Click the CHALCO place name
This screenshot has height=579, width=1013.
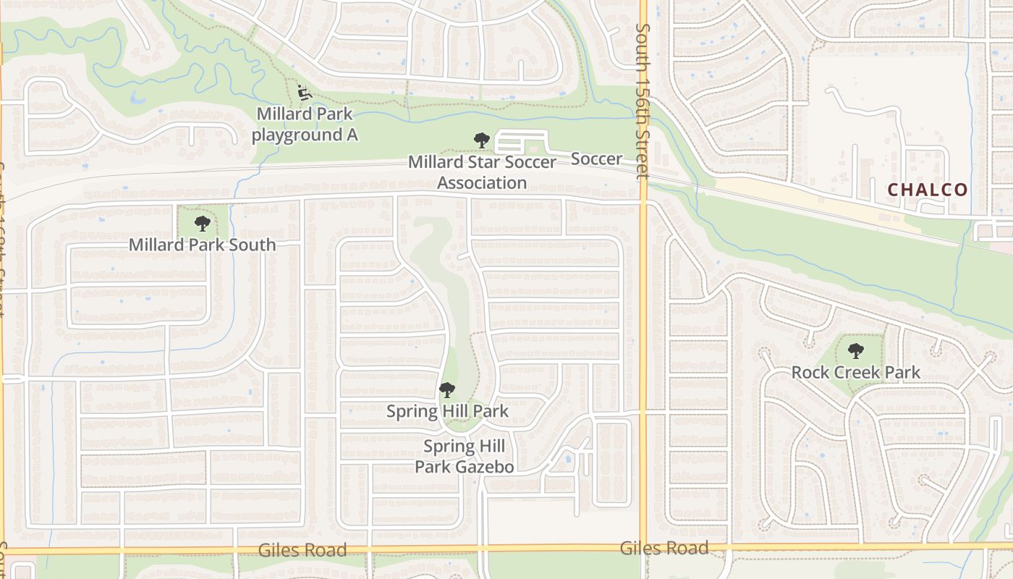click(927, 190)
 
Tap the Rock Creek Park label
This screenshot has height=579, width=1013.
click(855, 373)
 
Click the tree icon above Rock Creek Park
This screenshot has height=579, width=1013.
click(856, 352)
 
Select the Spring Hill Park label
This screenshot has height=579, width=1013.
click(447, 411)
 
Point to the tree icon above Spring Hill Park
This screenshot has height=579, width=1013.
click(447, 390)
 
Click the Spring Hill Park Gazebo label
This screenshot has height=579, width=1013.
click(464, 457)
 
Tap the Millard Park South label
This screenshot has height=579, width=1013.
click(202, 245)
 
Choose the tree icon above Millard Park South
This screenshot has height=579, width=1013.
click(202, 224)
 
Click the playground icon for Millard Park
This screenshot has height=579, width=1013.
click(305, 93)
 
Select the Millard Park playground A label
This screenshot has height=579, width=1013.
click(305, 124)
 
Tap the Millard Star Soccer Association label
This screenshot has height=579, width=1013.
click(482, 172)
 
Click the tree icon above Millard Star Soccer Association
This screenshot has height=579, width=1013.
click(482, 140)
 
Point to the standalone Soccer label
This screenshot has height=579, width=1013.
click(597, 159)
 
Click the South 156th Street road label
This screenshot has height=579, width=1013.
click(642, 101)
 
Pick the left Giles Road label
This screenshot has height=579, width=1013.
click(302, 550)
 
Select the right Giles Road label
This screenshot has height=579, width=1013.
click(664, 548)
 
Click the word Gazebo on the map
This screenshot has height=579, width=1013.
click(485, 467)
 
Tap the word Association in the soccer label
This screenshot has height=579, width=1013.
click(482, 182)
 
